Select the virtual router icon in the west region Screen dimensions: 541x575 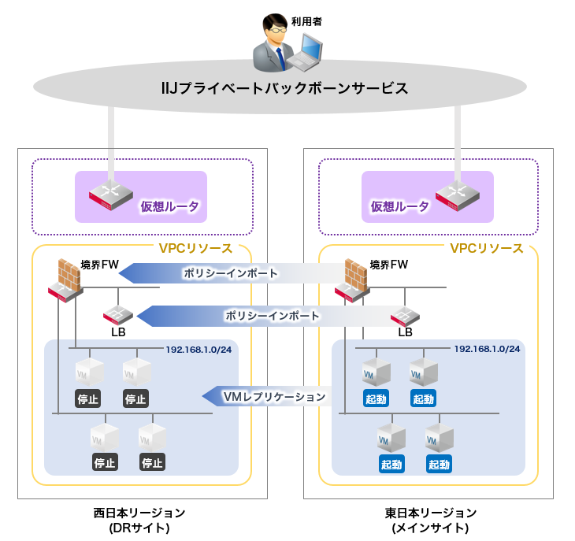pyautogui.click(x=110, y=195)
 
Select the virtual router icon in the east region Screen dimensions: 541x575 pyautogui.click(x=458, y=195)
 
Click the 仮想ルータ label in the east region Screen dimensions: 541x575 pyautogui.click(x=400, y=206)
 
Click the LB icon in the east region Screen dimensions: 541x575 pyautogui.click(x=405, y=315)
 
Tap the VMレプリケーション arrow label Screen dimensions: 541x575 pyautogui.click(x=274, y=396)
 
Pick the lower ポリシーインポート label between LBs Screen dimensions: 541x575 pyautogui.click(x=273, y=316)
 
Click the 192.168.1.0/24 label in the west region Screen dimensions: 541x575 pyautogui.click(x=199, y=349)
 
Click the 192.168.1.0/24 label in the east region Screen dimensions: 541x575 pyautogui.click(x=487, y=348)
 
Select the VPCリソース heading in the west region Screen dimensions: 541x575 pyautogui.click(x=195, y=248)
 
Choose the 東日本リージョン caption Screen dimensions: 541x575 pyautogui.click(x=431, y=513)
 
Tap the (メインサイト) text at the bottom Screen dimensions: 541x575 pyautogui.click(x=431, y=528)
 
